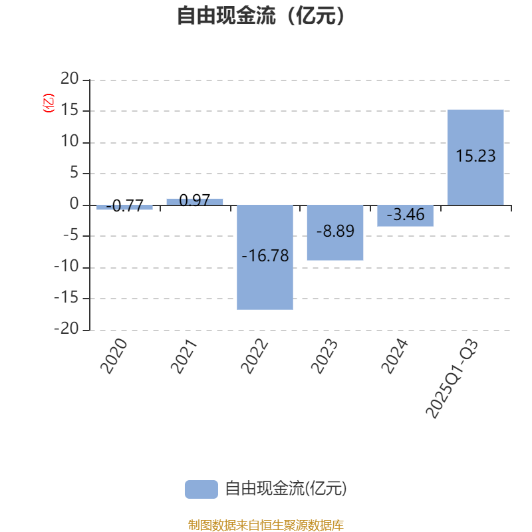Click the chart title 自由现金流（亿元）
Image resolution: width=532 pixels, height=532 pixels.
click(x=261, y=15)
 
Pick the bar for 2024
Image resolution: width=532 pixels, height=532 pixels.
click(x=405, y=219)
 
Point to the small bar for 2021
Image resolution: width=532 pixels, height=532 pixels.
click(x=195, y=201)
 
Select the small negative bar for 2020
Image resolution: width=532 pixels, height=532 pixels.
click(x=124, y=207)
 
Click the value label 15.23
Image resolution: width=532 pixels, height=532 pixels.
click(x=475, y=156)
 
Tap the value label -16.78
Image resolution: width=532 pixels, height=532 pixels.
click(x=265, y=256)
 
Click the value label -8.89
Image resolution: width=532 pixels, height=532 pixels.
click(x=334, y=231)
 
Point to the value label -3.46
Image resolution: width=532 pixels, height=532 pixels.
click(x=405, y=215)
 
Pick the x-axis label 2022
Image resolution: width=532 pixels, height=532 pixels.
click(x=254, y=357)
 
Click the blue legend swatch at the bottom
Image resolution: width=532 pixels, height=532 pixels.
click(x=201, y=489)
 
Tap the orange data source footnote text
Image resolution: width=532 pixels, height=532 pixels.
click(x=265, y=525)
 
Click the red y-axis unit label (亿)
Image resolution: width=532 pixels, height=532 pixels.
click(x=48, y=103)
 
